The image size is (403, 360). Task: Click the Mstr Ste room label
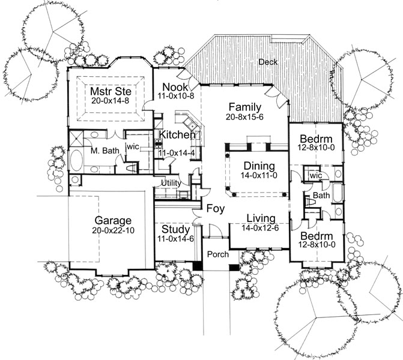click(x=111, y=91)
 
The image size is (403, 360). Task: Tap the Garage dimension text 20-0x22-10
click(x=113, y=230)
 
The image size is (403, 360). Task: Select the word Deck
click(x=268, y=62)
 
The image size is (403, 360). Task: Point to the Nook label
click(x=175, y=87)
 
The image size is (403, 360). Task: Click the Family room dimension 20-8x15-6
click(x=244, y=117)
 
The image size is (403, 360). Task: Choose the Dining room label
click(x=259, y=166)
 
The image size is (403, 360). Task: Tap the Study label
click(x=176, y=229)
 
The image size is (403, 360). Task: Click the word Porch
click(x=218, y=254)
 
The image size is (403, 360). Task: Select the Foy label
click(x=216, y=209)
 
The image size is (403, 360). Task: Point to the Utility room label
click(x=171, y=183)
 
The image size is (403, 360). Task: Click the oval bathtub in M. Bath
click(x=77, y=161)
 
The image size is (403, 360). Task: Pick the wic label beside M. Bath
click(x=133, y=147)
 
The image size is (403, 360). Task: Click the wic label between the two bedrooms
click(x=316, y=176)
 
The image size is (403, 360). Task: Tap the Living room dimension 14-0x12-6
click(x=260, y=227)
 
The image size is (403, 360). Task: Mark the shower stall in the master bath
click(x=76, y=139)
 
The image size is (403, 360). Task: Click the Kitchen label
click(x=177, y=134)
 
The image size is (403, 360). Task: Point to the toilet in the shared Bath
click(x=310, y=202)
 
